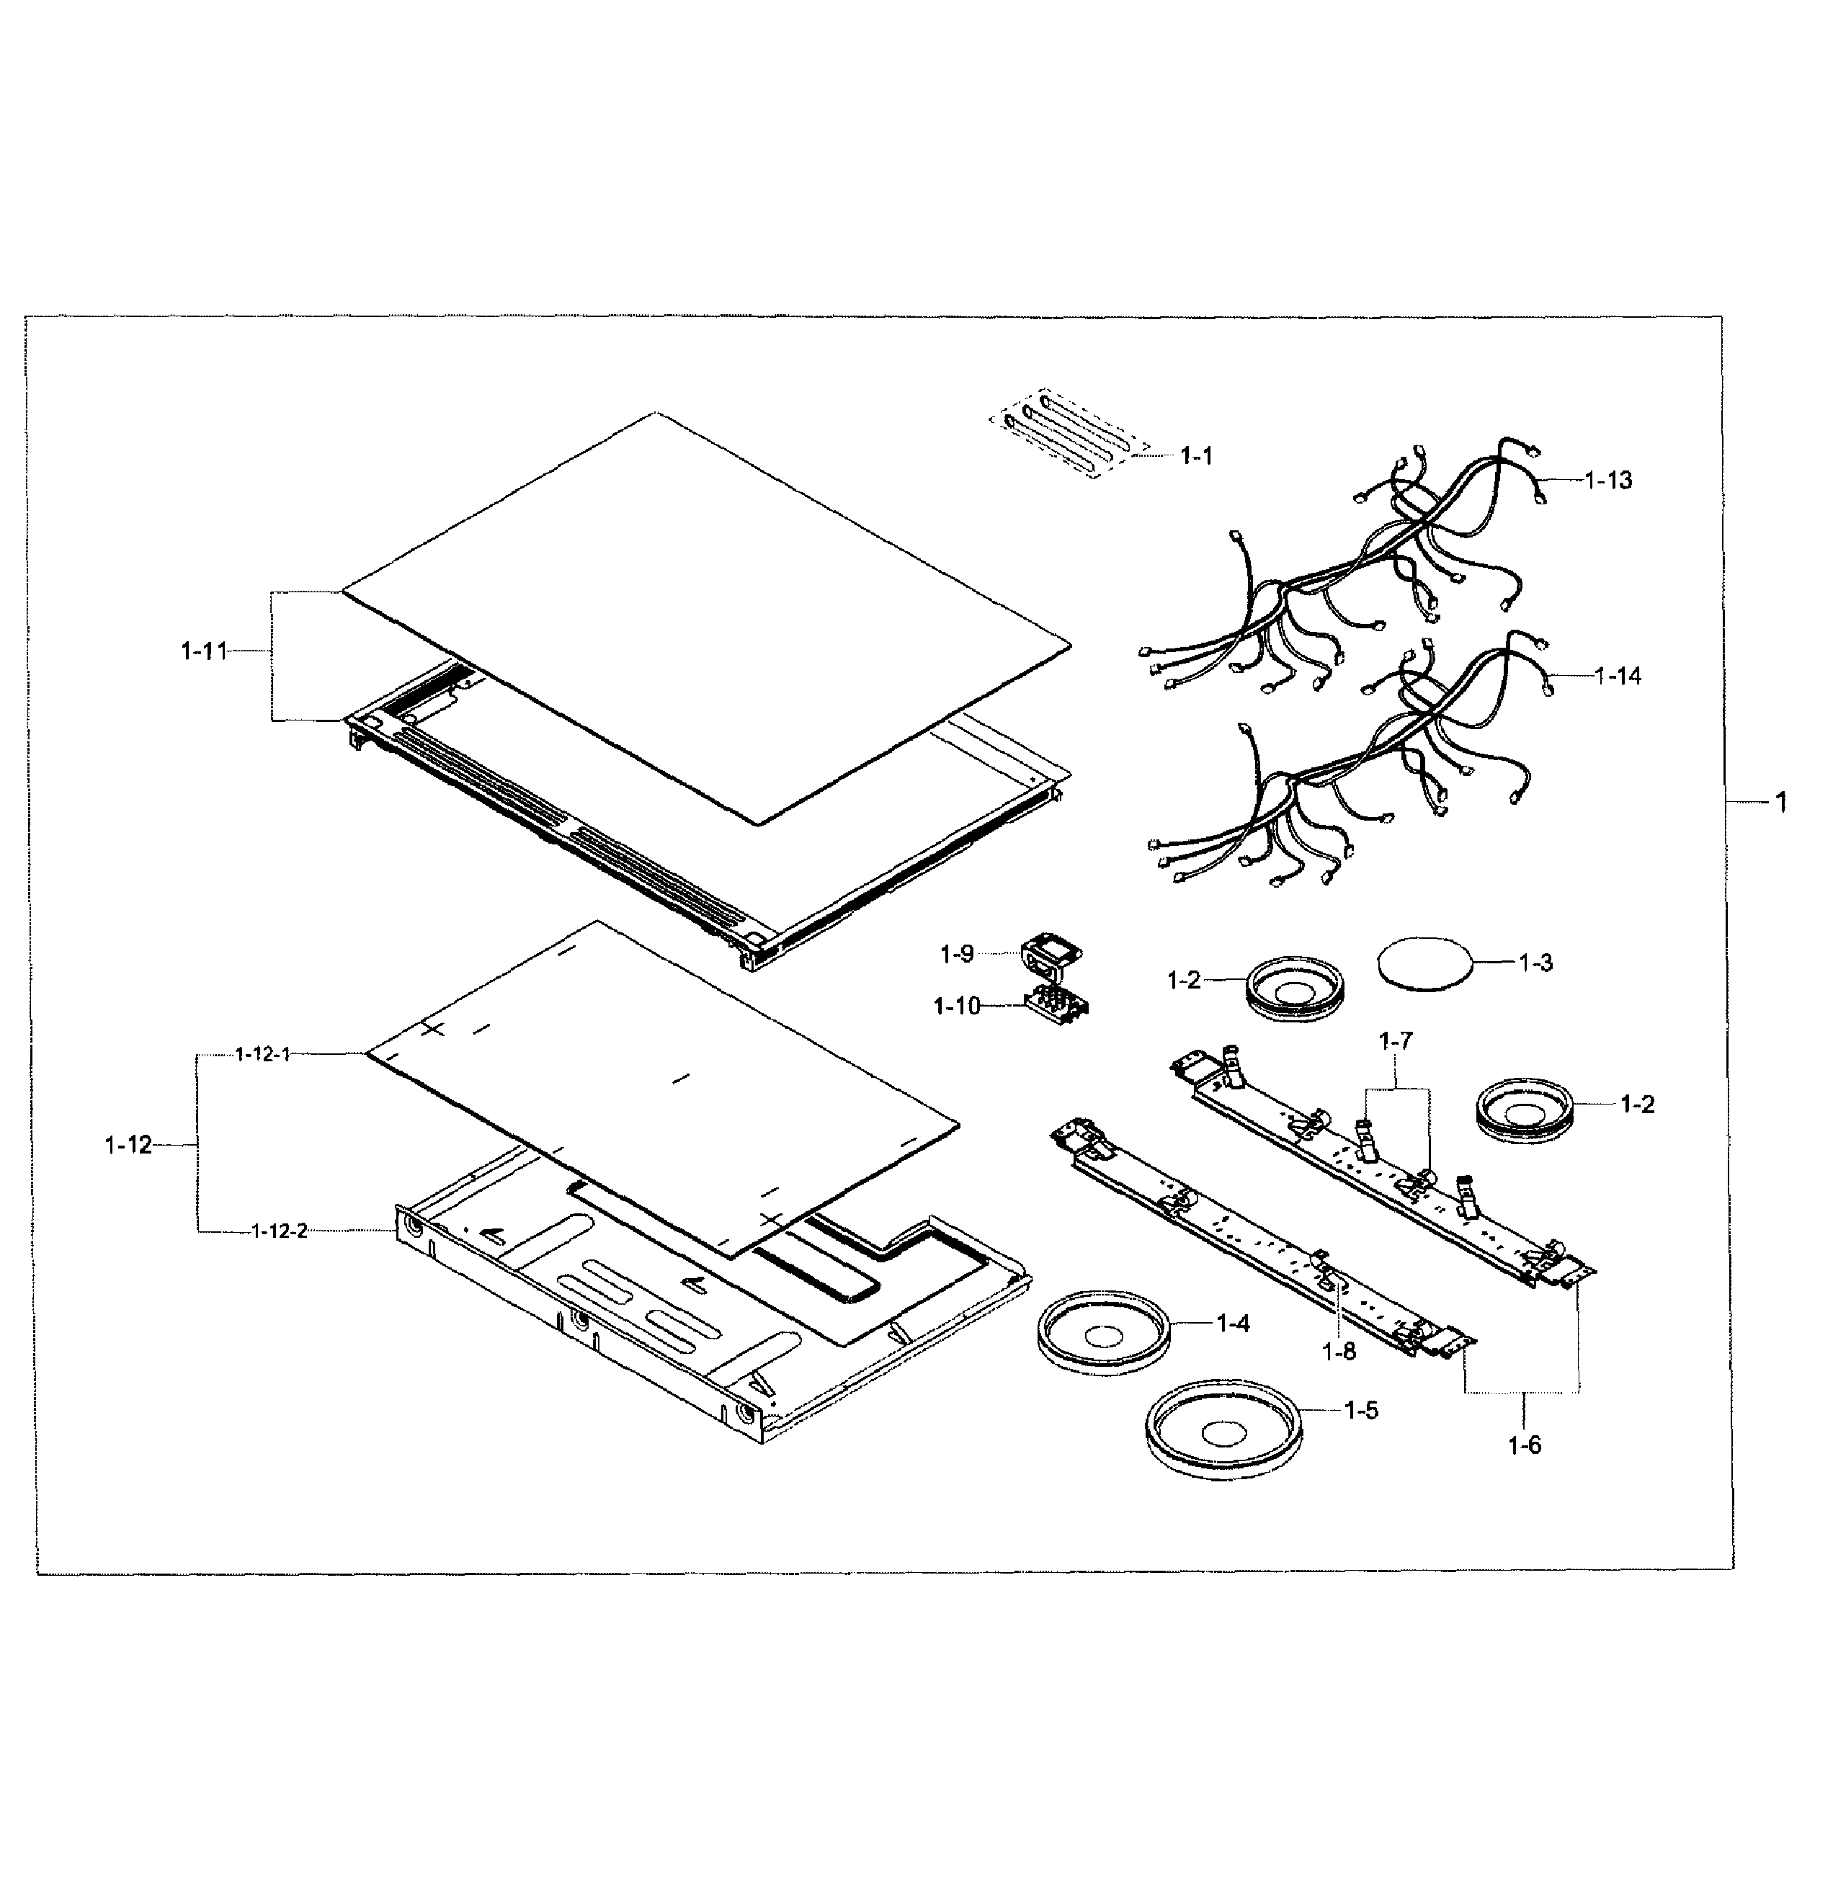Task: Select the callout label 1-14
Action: coord(1618,676)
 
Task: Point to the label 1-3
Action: coord(1535,963)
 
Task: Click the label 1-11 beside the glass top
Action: coord(203,652)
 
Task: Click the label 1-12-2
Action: coord(279,1231)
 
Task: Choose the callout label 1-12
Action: coord(128,1145)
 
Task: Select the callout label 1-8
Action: coord(1338,1352)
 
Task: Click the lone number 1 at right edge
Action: coord(1780,802)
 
